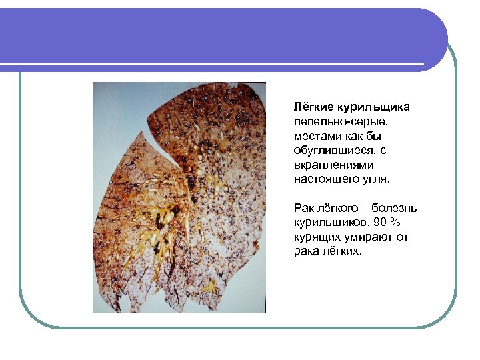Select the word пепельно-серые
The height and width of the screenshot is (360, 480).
click(339, 121)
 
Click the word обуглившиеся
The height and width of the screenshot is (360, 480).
click(331, 150)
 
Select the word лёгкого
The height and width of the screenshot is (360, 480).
click(341, 208)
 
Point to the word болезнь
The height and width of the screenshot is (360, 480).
click(398, 208)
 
